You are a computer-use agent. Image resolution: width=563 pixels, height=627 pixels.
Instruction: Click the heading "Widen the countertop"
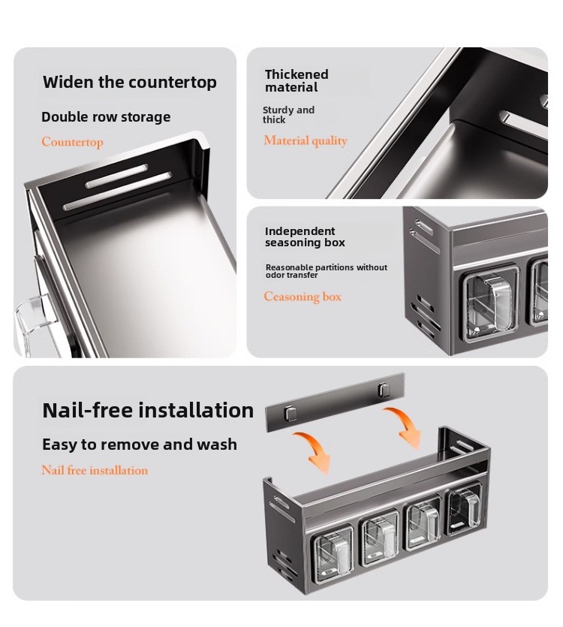(x=130, y=82)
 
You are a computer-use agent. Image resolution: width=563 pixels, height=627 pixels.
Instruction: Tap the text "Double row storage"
(x=106, y=116)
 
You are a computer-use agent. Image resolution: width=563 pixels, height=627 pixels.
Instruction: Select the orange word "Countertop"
(x=72, y=142)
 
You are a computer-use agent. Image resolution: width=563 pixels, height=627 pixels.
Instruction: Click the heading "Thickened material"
(x=297, y=81)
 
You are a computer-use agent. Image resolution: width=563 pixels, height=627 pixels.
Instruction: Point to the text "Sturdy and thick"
(x=288, y=115)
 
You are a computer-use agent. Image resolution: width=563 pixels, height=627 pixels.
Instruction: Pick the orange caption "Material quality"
(x=306, y=140)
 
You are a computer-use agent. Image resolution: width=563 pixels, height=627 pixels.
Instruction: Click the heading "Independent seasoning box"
(x=305, y=237)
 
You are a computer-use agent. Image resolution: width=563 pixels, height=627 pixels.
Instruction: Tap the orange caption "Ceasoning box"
(x=303, y=297)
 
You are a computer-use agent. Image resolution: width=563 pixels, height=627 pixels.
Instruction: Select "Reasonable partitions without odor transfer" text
(x=327, y=271)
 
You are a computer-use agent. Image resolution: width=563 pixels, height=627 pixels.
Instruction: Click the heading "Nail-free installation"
(x=148, y=410)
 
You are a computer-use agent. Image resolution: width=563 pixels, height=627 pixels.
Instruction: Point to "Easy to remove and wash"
(x=140, y=445)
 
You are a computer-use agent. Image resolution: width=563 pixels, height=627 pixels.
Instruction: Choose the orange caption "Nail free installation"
(x=95, y=470)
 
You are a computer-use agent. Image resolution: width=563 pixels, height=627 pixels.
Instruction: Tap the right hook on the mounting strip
(x=384, y=389)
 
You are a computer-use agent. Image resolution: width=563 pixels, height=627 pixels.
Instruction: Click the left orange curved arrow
(x=314, y=450)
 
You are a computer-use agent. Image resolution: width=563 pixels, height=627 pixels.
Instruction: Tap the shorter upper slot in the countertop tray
(x=117, y=176)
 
